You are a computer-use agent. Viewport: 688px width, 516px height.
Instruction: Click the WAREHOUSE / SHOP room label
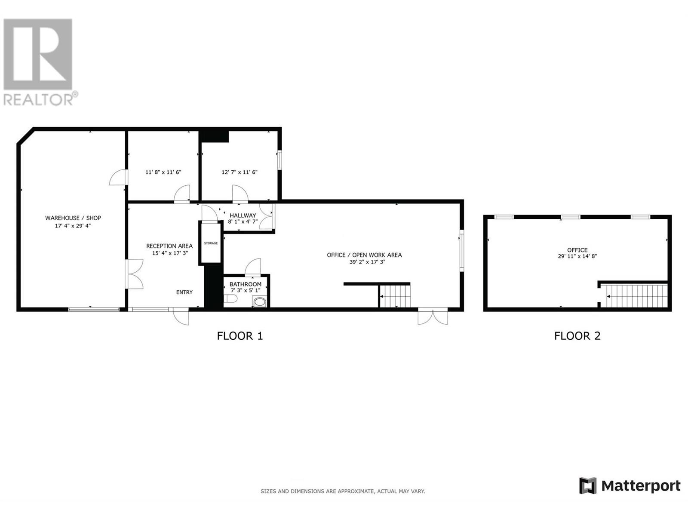coord(73,218)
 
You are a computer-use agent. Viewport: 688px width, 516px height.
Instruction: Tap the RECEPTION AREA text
coord(169,246)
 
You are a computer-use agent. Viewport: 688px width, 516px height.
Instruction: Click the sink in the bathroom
coord(260,302)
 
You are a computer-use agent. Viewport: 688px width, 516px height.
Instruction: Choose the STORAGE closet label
coord(211,243)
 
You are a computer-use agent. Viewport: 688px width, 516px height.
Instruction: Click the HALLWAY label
coord(243,215)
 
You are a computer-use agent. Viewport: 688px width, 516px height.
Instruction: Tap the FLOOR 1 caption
coord(240,336)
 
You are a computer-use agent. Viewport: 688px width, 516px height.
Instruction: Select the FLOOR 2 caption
coord(577,336)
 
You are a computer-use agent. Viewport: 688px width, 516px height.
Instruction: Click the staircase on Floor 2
coord(636,296)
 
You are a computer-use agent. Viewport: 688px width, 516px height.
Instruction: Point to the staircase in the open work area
coord(395,296)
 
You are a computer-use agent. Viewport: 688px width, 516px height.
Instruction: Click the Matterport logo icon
coord(588,486)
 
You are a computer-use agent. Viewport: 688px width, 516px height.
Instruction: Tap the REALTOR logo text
coord(39,100)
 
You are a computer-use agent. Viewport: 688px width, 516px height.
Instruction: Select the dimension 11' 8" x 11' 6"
coord(163,172)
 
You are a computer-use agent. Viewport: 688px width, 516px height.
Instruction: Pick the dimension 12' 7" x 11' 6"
coord(240,172)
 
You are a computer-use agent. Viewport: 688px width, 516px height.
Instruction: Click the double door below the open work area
coord(433,316)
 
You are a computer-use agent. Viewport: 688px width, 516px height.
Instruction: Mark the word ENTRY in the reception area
coord(184,292)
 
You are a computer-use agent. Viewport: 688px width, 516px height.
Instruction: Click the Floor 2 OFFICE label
coord(577,250)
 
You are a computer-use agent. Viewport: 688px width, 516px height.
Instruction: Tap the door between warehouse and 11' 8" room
coord(118,178)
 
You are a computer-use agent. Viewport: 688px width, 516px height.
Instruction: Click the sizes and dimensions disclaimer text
coord(343,491)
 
